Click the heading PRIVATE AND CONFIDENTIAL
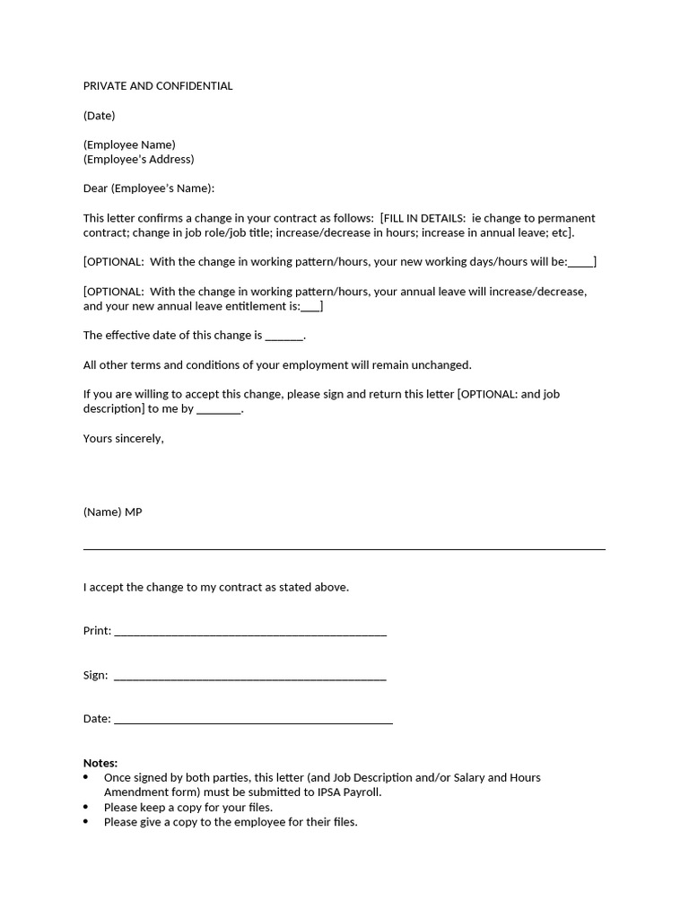(158, 86)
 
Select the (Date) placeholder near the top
(99, 116)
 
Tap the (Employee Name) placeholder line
(129, 144)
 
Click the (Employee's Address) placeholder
(138, 160)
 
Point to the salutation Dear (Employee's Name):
(149, 188)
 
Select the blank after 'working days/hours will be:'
(580, 264)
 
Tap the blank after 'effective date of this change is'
(284, 337)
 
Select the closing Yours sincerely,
(123, 439)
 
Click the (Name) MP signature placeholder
(112, 512)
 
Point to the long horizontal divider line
(344, 548)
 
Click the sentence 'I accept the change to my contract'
(215, 587)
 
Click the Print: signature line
(250, 634)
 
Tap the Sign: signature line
(250, 678)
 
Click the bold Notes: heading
(100, 763)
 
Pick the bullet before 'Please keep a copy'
(86, 807)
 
